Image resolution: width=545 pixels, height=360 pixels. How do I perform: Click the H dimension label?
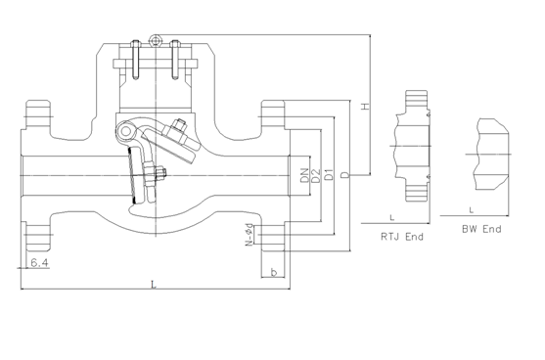pos(365,107)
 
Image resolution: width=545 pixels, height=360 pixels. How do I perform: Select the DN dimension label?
pos(305,175)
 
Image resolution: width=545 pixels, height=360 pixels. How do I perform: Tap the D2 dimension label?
pos(316,175)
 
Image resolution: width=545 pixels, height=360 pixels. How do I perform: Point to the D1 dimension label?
pos(329,174)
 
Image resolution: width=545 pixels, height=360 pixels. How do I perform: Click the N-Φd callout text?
pos(250,234)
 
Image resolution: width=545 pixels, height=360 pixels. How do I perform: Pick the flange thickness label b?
pos(274,272)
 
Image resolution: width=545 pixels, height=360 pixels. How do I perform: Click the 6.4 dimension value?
pos(39,263)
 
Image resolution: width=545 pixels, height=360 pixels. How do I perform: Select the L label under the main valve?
pos(154,285)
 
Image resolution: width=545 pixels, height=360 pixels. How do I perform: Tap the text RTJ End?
pos(402,237)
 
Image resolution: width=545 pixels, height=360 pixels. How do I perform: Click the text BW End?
pos(481,229)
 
